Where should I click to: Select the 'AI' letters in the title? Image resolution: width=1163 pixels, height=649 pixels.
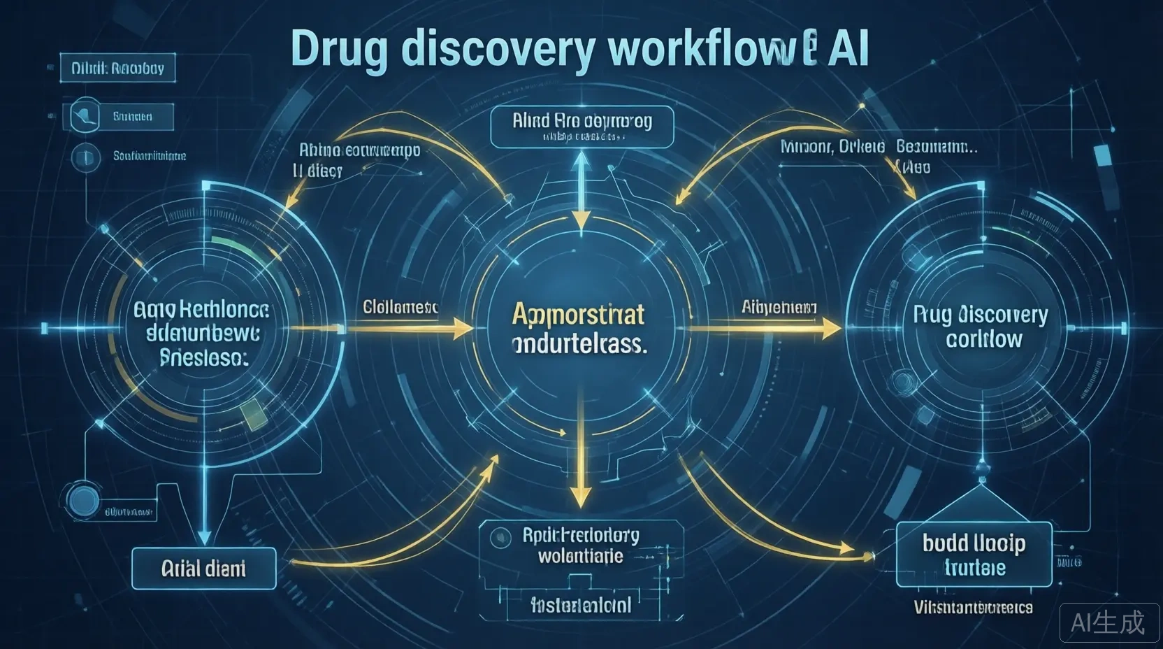point(848,50)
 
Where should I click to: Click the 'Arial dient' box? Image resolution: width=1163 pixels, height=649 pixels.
point(203,569)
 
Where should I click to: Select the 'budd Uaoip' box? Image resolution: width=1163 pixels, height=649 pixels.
point(974,554)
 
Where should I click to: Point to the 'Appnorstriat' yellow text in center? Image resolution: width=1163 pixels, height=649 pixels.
point(579,314)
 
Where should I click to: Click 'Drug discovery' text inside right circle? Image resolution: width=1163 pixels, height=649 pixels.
point(981,315)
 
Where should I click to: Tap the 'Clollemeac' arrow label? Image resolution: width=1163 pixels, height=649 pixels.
point(400,306)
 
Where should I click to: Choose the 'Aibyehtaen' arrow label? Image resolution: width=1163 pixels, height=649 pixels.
point(779,306)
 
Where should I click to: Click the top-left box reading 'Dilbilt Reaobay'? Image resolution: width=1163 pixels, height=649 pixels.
point(117,69)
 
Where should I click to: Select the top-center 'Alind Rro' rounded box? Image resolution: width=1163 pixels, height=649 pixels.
point(581,127)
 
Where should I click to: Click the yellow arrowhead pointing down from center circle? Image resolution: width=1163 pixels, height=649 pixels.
point(580,498)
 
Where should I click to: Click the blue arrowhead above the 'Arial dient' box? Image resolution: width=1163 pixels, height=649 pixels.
point(204,536)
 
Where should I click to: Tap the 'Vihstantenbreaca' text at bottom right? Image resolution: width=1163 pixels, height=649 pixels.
point(974,608)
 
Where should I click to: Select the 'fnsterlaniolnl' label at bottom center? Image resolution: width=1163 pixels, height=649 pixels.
point(581,605)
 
